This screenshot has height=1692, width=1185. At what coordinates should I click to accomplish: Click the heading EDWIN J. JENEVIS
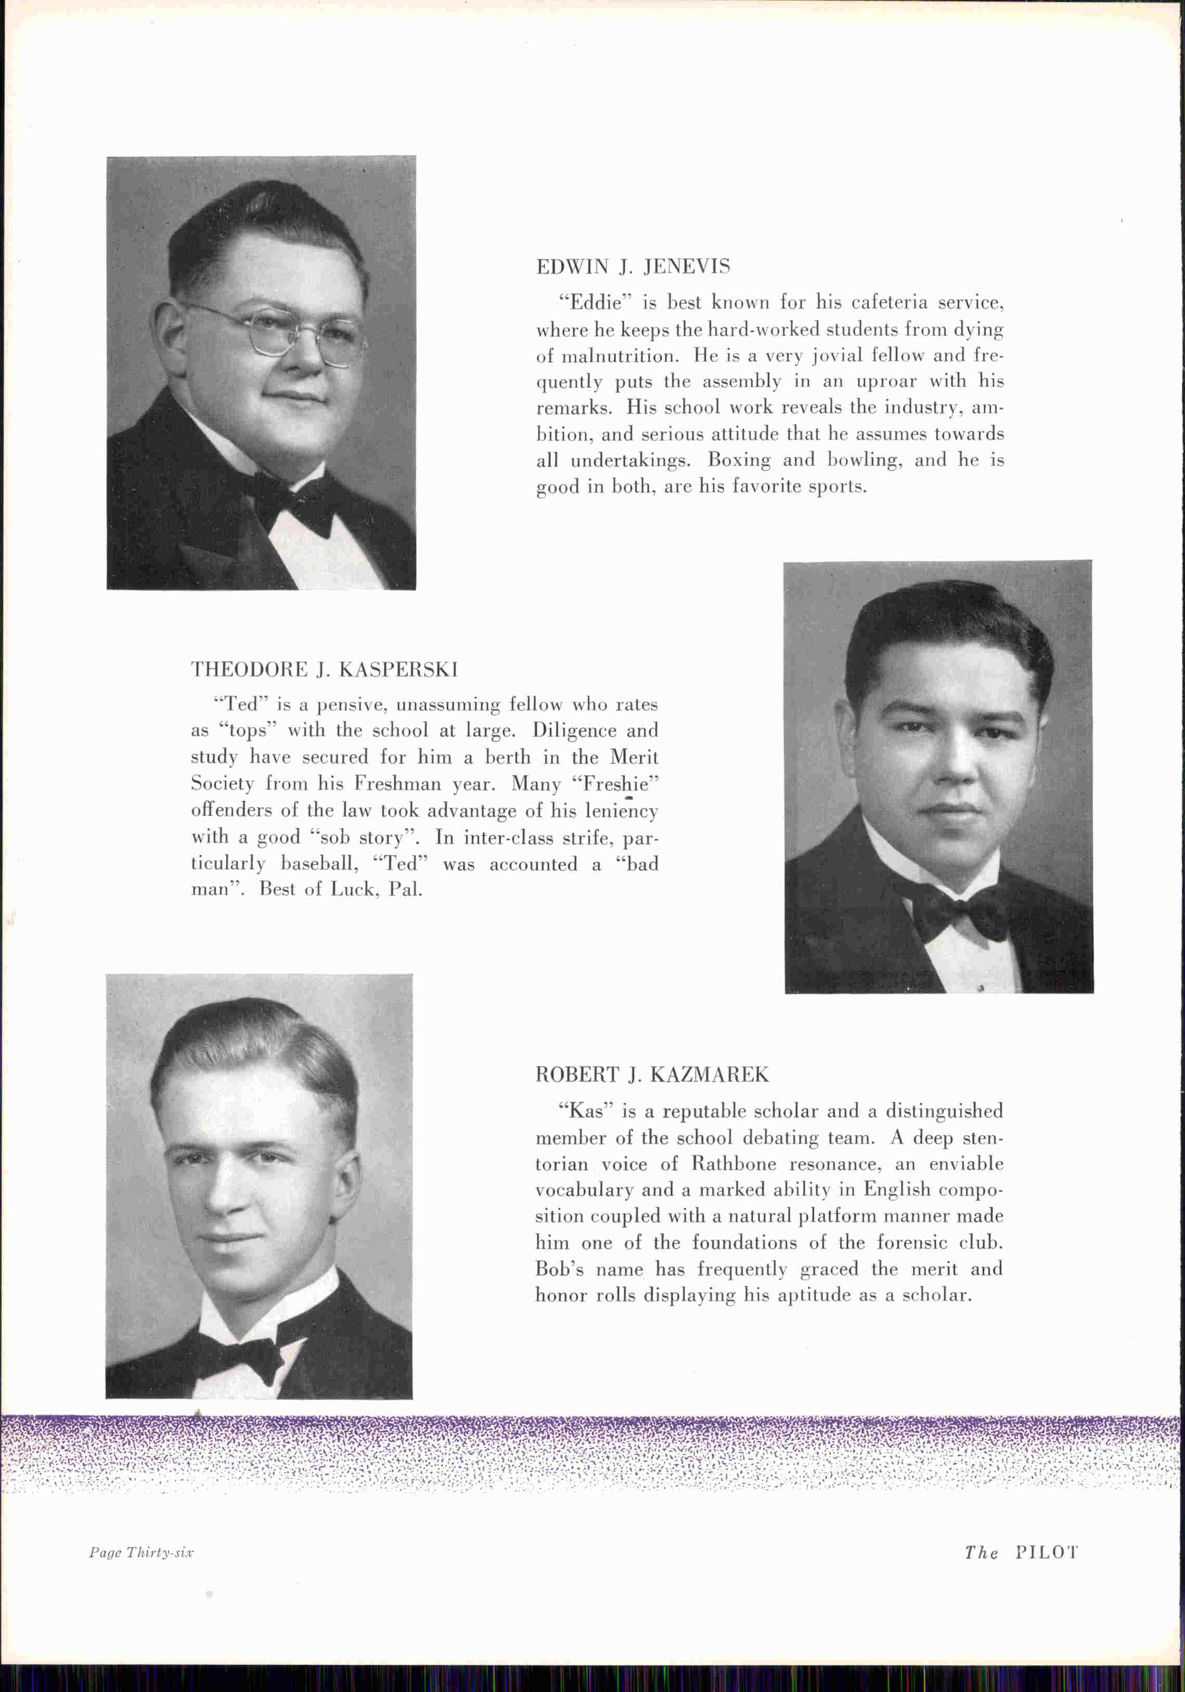pos(633,267)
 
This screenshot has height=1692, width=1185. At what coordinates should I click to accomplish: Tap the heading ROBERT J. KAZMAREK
pos(651,1075)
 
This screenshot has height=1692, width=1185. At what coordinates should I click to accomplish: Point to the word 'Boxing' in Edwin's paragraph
pos(739,460)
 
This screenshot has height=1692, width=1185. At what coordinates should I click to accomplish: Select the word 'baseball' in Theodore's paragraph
pos(319,864)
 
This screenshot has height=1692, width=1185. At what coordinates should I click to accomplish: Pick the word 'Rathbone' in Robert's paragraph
pos(733,1164)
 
